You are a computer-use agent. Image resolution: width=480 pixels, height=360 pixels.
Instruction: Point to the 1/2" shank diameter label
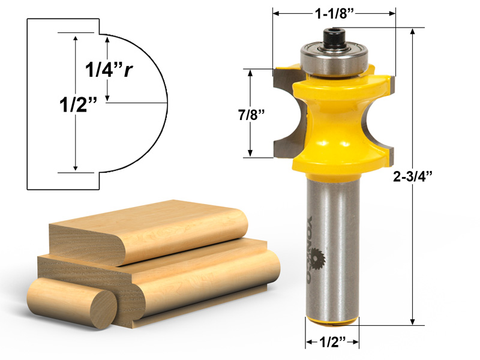333,344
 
